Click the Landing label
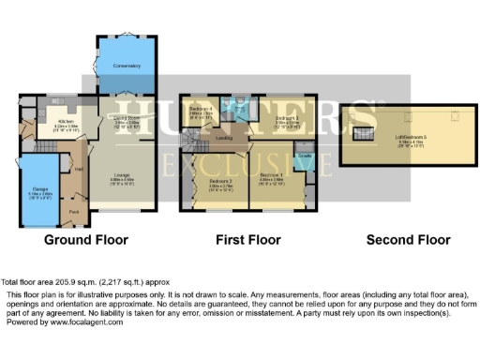[x=224, y=138]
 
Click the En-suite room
[x=305, y=156]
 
